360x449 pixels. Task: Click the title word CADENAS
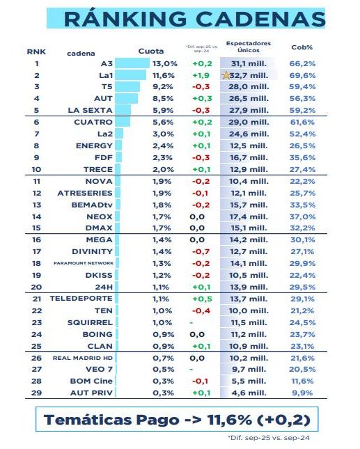260,19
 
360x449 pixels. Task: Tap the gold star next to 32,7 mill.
225,75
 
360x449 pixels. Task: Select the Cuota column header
151,52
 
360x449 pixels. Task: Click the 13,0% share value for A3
155,63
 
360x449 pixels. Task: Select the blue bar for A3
131,63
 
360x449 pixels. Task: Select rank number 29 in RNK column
36,393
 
